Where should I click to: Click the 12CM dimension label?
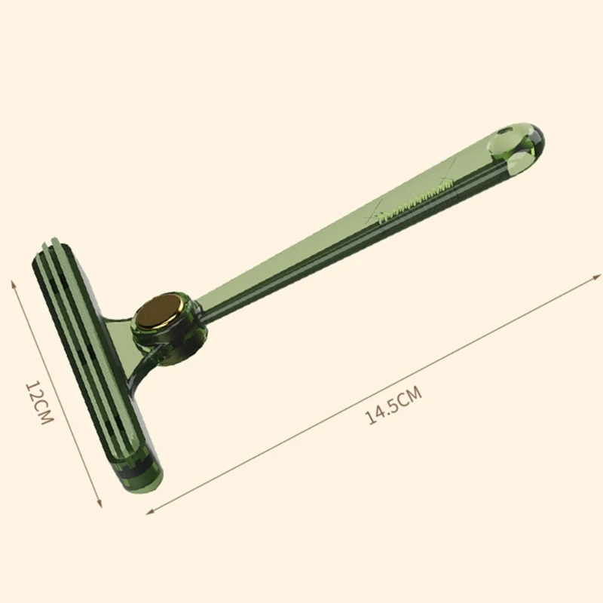(x=38, y=403)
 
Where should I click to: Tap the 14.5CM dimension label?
(x=393, y=406)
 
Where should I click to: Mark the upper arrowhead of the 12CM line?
(x=13, y=282)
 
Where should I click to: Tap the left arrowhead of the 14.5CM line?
(x=148, y=512)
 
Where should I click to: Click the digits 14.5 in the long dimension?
(x=382, y=412)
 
